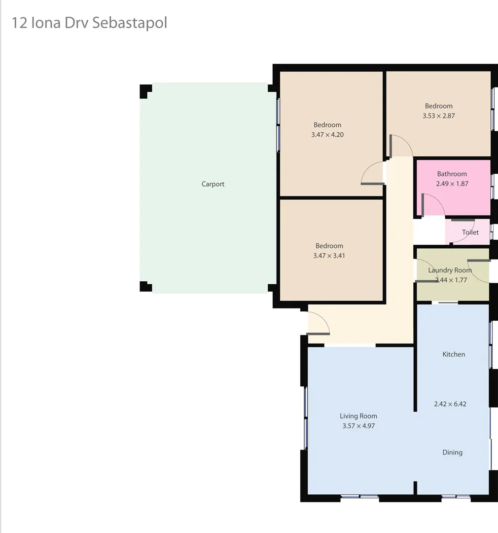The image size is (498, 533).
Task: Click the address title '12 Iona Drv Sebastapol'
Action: pyautogui.click(x=89, y=23)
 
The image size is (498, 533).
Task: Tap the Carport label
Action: pyautogui.click(x=213, y=184)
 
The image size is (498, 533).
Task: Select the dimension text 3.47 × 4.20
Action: pyautogui.click(x=327, y=134)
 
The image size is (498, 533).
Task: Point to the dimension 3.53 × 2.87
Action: pyautogui.click(x=438, y=115)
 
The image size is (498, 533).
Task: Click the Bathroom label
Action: pyautogui.click(x=452, y=174)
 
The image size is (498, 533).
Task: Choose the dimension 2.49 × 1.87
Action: pyautogui.click(x=452, y=184)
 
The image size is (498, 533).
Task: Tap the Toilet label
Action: pyautogui.click(x=470, y=232)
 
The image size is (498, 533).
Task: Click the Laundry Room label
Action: pyautogui.click(x=450, y=270)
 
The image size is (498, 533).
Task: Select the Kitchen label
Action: pyautogui.click(x=454, y=354)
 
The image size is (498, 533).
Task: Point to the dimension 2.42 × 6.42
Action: pyautogui.click(x=450, y=404)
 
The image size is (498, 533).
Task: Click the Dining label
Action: pyautogui.click(x=452, y=452)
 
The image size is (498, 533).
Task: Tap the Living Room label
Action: pyautogui.click(x=358, y=416)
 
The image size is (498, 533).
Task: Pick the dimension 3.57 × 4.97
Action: pyautogui.click(x=358, y=426)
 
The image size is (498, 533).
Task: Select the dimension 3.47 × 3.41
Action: pyautogui.click(x=329, y=256)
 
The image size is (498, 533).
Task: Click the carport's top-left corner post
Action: pyautogui.click(x=145, y=91)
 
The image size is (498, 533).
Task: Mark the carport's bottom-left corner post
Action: pyautogui.click(x=145, y=286)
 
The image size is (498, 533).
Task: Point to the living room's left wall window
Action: pyautogui.click(x=306, y=418)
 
